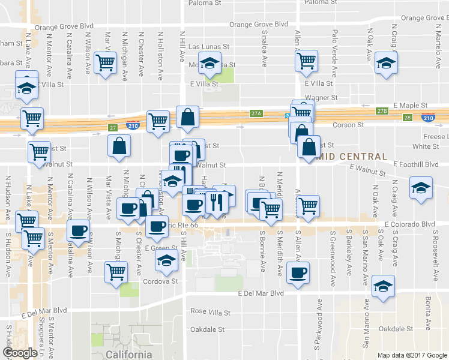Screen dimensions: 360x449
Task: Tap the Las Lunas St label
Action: coord(209,46)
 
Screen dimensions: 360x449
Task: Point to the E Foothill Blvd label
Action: coord(416,164)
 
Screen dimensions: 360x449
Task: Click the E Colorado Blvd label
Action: coord(409,224)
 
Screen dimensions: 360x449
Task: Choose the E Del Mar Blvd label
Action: coord(261,293)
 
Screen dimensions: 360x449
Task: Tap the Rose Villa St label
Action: coord(210,312)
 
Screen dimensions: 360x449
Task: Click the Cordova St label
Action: coord(160,281)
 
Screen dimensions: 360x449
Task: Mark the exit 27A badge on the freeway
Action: coord(257,113)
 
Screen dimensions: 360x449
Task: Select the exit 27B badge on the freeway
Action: coord(382,112)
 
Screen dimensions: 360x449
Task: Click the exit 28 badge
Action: coord(408,118)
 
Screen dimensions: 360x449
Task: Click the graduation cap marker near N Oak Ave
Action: coord(385,62)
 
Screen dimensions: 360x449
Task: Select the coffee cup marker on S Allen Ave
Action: coord(298,273)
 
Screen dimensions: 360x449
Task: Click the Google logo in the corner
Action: coord(20,353)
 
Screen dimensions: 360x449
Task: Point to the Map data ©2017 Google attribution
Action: coord(412,355)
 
